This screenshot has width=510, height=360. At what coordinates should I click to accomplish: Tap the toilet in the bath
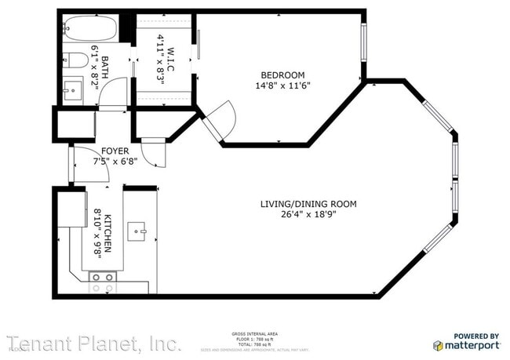click(x=72, y=59)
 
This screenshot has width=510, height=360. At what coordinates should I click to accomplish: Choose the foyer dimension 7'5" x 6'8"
click(x=115, y=162)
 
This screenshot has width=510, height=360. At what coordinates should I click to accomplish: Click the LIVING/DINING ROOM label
click(x=308, y=204)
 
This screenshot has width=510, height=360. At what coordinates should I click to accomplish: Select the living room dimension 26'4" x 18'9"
click(x=308, y=214)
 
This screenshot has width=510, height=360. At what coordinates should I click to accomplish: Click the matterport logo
click(x=467, y=345)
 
